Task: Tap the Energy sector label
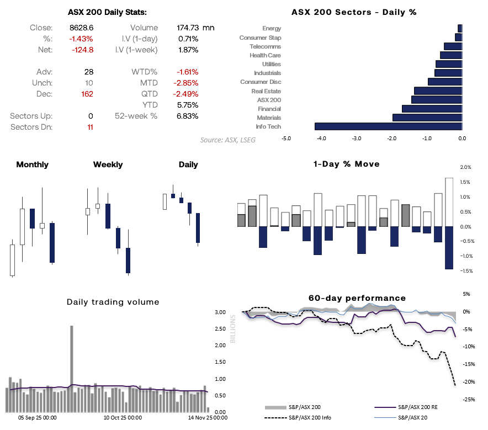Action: [272, 28]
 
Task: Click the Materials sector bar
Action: [427, 118]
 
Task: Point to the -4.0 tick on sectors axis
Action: [321, 139]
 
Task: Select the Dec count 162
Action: [86, 94]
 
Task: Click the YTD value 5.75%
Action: [188, 105]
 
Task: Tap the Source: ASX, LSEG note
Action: [228, 140]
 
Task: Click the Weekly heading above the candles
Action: [108, 164]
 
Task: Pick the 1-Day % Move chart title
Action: [346, 164]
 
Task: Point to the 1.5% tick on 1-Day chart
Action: [465, 182]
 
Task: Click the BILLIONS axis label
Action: [232, 329]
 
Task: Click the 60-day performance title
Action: [357, 298]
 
